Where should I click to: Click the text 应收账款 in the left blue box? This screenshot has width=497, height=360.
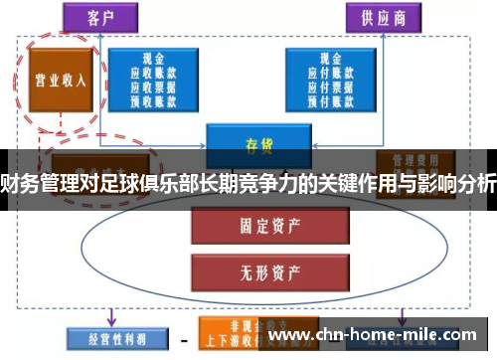point(153,73)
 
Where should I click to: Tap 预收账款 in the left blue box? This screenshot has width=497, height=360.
point(153,99)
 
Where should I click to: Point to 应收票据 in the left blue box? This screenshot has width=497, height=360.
point(153,87)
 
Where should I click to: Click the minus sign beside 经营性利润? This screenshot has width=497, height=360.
point(185,338)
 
